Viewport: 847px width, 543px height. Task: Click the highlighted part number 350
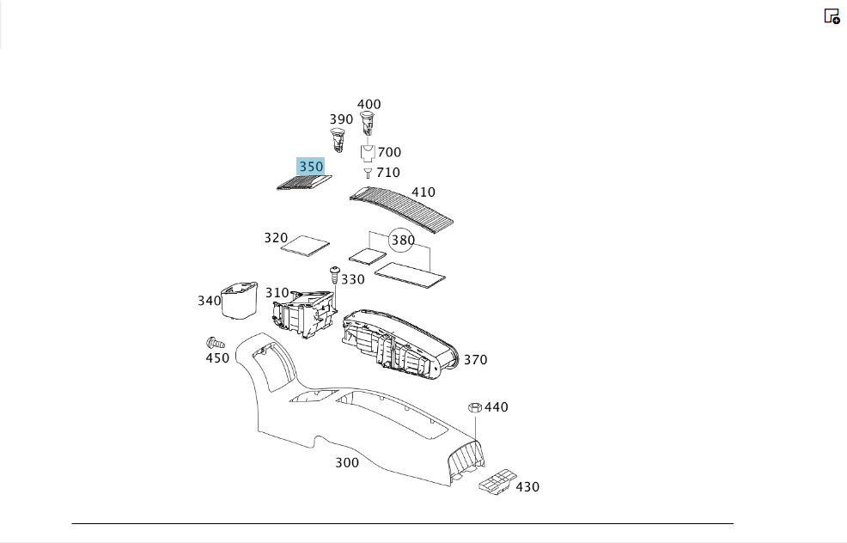click(x=311, y=167)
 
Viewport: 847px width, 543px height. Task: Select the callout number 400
click(x=369, y=104)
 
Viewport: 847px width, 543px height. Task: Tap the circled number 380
click(x=402, y=240)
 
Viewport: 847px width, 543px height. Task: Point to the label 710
click(x=388, y=173)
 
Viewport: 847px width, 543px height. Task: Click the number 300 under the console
click(x=347, y=462)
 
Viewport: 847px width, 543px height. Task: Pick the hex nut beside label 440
click(x=475, y=407)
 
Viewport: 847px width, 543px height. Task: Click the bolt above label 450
click(x=215, y=343)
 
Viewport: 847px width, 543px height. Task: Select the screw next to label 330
click(x=335, y=274)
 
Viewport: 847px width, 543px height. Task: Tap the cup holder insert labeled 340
click(x=240, y=299)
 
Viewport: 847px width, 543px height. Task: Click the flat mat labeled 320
click(x=305, y=246)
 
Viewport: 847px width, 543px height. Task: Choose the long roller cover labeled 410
click(x=401, y=209)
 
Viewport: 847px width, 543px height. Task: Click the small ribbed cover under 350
click(x=304, y=183)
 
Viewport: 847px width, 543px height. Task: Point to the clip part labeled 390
click(x=338, y=140)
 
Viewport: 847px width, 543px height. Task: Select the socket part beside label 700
click(x=368, y=153)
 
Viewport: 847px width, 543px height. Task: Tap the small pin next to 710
click(x=368, y=173)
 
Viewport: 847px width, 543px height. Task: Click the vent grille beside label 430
click(x=497, y=481)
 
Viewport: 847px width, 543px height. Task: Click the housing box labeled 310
click(x=305, y=314)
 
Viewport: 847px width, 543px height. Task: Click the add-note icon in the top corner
click(x=832, y=16)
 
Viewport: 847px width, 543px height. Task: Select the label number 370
click(x=475, y=360)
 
